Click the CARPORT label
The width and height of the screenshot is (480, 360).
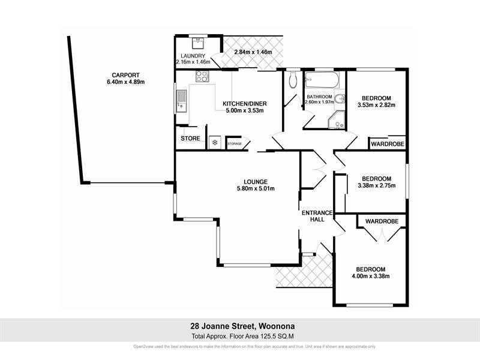(117, 76)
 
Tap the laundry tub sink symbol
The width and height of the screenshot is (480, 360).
(198, 43)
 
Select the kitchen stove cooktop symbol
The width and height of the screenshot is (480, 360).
(202, 77)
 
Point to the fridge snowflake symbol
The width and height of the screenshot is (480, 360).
(214, 143)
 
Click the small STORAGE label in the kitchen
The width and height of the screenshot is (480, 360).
(235, 144)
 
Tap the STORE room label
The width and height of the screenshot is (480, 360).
(190, 139)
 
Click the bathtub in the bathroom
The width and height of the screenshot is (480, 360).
(322, 80)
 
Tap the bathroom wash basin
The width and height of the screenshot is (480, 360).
(340, 100)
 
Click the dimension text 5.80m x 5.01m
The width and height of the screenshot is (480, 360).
(255, 189)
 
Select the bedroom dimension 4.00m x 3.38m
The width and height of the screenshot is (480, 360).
(370, 277)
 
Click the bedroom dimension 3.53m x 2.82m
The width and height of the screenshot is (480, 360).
(376, 105)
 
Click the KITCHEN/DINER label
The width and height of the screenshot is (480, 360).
(244, 104)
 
